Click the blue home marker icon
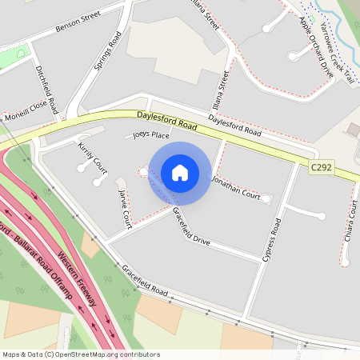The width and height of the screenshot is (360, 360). pos(180,172)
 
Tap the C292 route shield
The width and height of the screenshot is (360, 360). pos(322,168)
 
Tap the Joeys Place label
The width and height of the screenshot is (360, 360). pos(151,135)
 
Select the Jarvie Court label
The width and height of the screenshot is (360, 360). pos(124,206)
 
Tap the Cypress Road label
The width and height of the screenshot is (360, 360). pos(272,240)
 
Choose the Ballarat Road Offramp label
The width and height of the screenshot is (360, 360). pos(40,262)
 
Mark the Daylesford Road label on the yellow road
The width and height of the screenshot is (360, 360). pos(166,122)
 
